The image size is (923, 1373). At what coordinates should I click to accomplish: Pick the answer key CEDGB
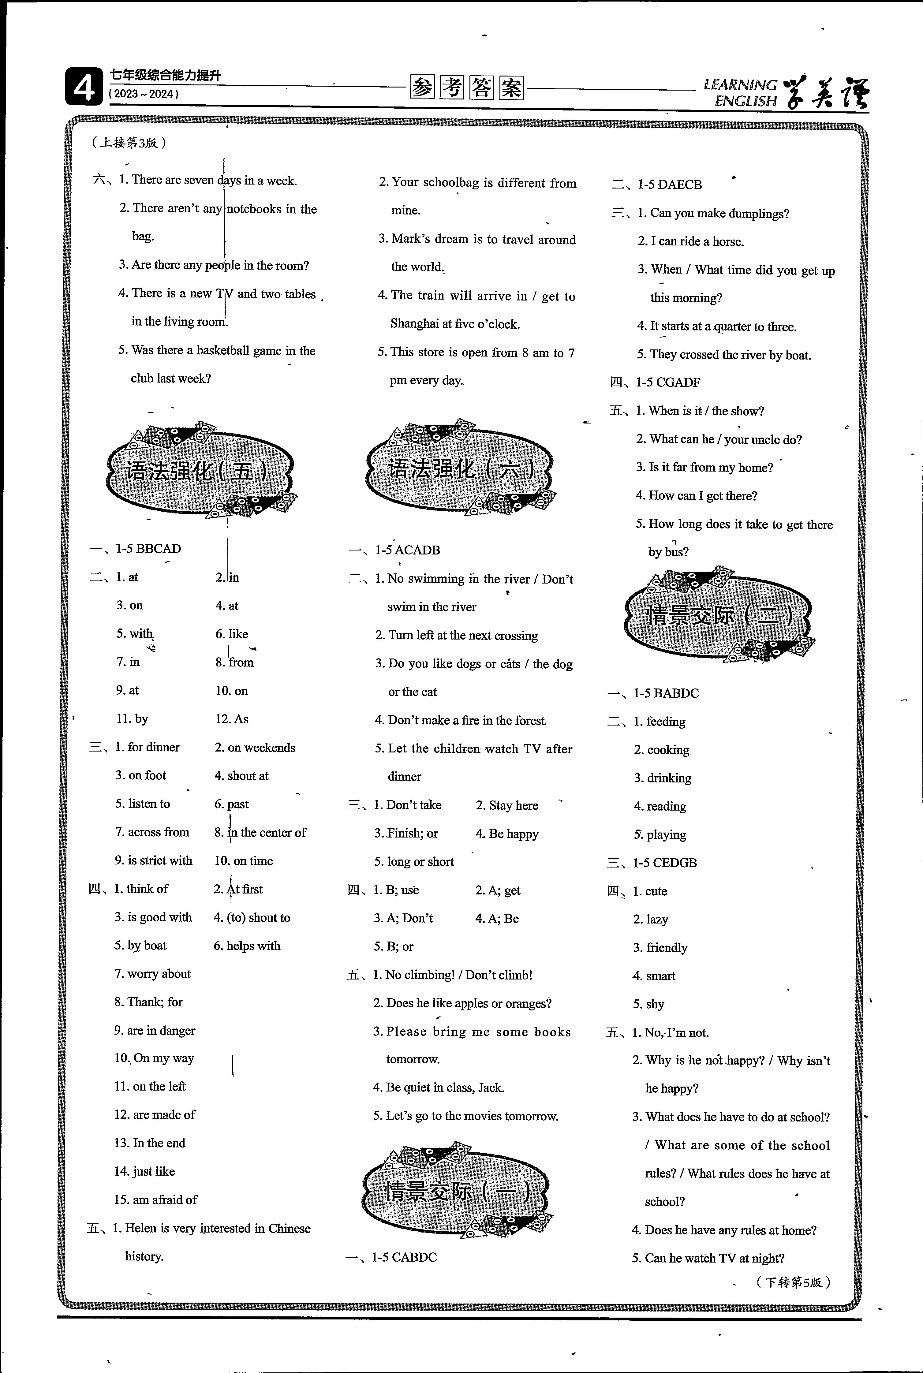674,863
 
